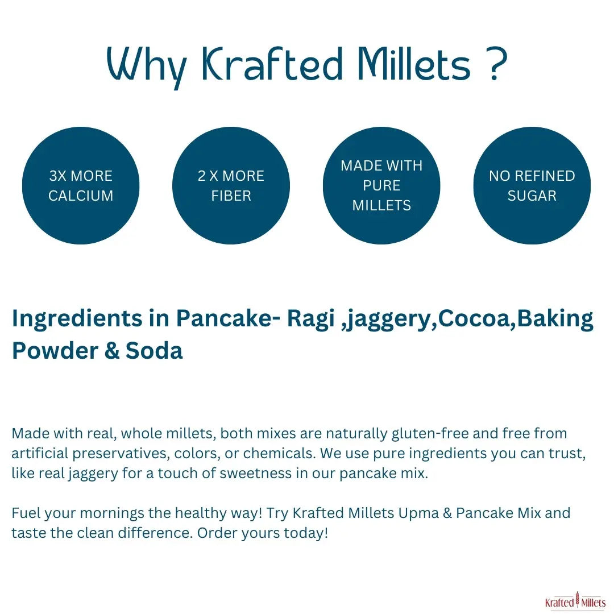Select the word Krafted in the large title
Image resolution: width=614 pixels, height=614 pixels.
(272, 64)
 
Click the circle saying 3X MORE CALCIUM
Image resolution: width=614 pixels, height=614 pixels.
(81, 185)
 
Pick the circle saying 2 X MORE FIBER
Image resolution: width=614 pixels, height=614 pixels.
(231, 185)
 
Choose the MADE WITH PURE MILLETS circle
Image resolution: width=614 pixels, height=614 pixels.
(381, 185)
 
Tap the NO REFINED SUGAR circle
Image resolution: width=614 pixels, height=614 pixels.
(532, 185)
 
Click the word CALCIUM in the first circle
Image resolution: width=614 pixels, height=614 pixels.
(81, 196)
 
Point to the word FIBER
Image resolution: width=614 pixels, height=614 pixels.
(231, 196)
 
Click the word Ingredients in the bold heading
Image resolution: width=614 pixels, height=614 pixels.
(77, 319)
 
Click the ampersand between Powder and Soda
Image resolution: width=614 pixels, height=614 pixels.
(112, 350)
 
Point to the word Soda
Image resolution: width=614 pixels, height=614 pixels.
(154, 350)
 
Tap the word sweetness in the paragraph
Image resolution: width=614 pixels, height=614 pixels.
(255, 473)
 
